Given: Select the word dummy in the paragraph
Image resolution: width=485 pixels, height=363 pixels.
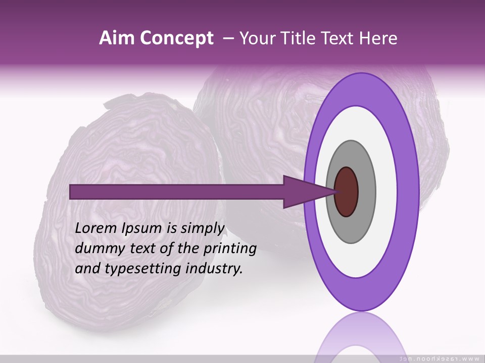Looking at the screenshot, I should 97,248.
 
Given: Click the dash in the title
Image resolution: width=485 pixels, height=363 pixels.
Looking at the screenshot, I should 228,38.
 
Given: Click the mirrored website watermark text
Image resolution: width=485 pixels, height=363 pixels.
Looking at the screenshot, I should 439,358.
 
